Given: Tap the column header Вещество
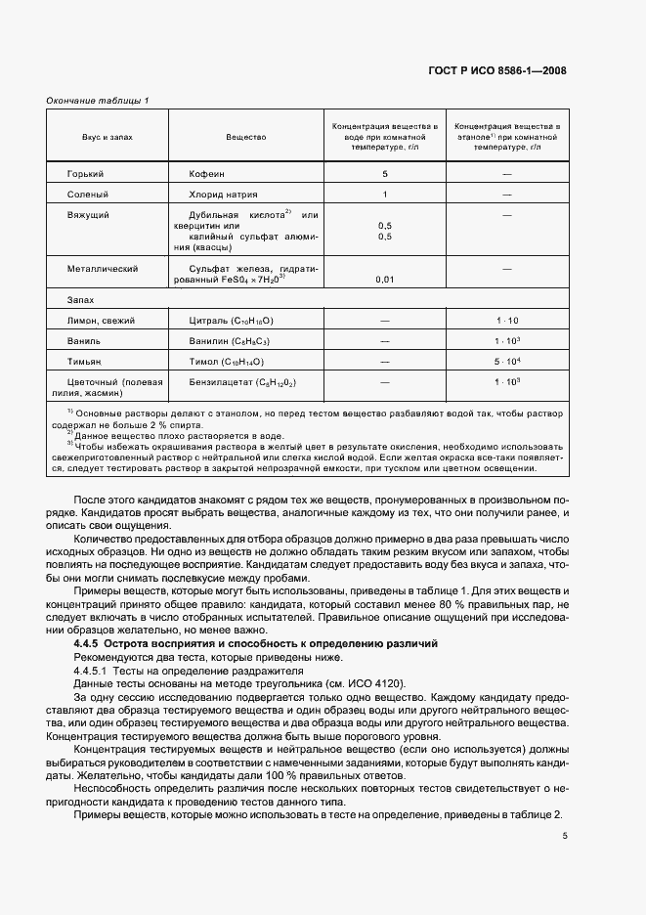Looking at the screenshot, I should coord(246,137).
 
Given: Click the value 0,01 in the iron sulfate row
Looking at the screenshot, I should coord(385,281).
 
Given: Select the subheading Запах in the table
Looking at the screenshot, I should coord(79,300).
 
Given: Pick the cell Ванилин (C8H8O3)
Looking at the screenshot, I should coord(232,341).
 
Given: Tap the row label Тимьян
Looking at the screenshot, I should coord(85,362).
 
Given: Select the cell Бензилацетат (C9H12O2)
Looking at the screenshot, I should coord(239,382).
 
